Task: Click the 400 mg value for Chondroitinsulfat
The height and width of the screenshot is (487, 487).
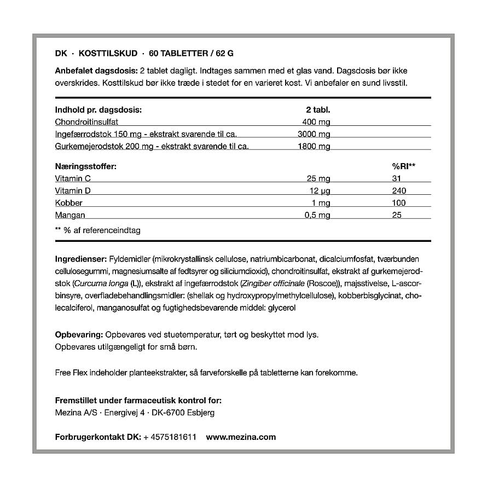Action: (x=316, y=121)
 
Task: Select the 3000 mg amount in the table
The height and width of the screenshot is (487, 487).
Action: (x=314, y=134)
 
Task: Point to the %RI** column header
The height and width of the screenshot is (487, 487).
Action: (x=404, y=166)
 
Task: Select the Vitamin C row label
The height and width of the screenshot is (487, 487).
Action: (x=73, y=178)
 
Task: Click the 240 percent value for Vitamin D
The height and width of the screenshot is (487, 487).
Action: (x=399, y=190)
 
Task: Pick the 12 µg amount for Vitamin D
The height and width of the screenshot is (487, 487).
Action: (x=320, y=190)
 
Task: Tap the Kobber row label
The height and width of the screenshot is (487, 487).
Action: (x=69, y=203)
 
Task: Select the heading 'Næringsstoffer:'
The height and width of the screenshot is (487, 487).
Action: (x=86, y=166)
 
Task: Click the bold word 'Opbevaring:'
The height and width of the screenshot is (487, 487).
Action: (x=79, y=334)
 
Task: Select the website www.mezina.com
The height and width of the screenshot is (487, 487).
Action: (x=241, y=437)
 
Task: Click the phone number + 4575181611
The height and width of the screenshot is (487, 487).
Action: (x=169, y=437)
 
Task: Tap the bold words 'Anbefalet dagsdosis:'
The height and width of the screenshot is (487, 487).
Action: (x=96, y=71)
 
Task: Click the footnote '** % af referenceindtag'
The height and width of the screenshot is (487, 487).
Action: (x=98, y=230)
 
